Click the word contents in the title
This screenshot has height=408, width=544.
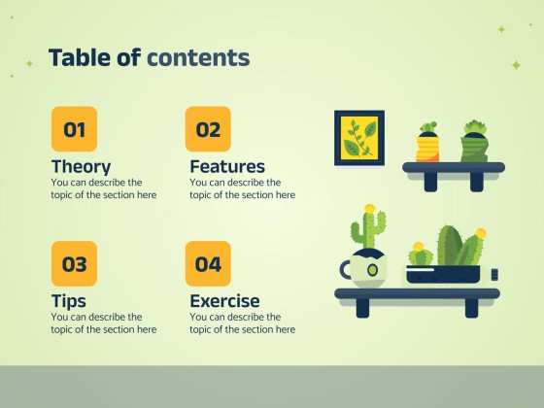[198, 58]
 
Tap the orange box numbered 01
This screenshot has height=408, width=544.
[74, 129]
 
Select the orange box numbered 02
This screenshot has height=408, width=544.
[208, 129]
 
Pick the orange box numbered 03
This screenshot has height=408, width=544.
[74, 263]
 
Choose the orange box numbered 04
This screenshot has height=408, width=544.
[208, 263]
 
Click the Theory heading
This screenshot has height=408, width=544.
[81, 166]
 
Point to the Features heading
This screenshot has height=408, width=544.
[227, 166]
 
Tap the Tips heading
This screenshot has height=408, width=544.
[68, 300]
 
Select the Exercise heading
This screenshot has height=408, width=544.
[224, 300]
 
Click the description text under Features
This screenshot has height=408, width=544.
[242, 188]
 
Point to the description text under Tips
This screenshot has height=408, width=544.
[103, 323]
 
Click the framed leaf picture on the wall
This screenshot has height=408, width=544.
[359, 137]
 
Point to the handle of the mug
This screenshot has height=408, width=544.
[345, 269]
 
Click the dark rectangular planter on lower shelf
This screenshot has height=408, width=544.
[443, 273]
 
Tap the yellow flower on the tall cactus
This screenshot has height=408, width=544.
[369, 209]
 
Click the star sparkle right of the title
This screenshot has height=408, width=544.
[516, 65]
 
